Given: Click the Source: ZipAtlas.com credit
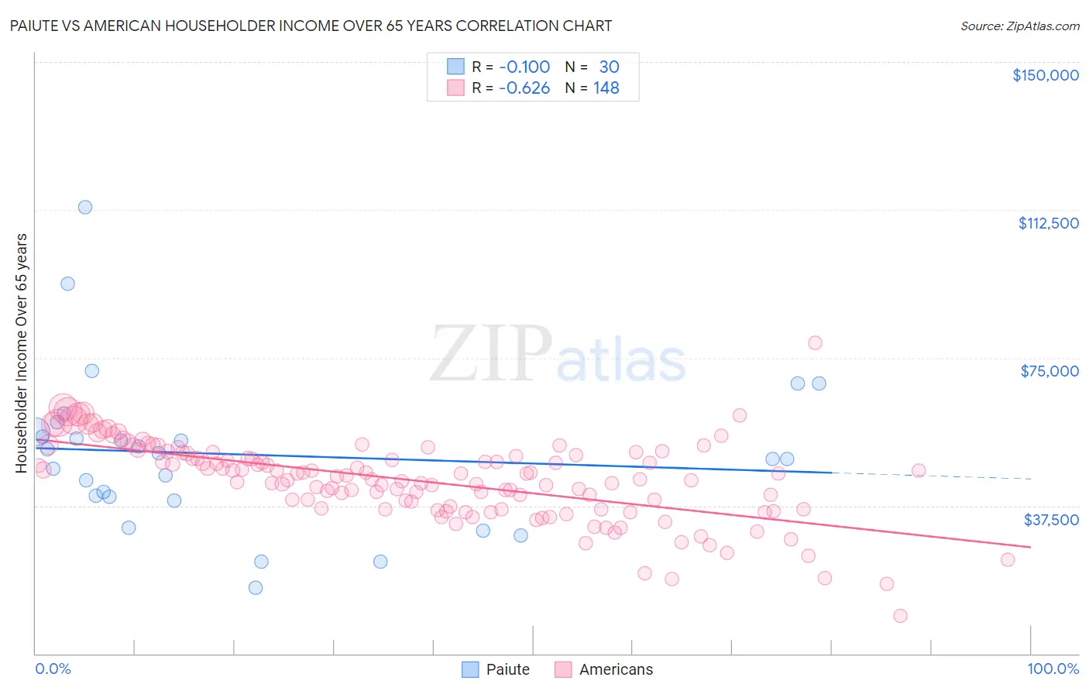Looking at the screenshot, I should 1019,26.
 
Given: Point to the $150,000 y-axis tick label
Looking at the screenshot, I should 1045,75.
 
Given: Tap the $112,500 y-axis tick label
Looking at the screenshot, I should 1047,223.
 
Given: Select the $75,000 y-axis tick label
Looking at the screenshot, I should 1049,371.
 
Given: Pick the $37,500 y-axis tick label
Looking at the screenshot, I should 1050,520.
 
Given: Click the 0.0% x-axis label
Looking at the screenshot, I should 53,669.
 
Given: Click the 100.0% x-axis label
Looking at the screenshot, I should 1053,669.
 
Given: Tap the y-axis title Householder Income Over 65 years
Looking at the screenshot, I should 21,353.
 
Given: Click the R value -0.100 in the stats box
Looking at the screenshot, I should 524,67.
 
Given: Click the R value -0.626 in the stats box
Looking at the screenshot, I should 524,88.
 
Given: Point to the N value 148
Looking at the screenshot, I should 606,88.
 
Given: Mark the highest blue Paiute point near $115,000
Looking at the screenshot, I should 85,207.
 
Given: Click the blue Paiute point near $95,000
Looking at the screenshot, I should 68,284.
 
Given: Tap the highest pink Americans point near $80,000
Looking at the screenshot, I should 815,342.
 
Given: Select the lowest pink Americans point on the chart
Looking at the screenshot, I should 900,616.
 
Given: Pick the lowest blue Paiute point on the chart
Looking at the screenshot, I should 256,587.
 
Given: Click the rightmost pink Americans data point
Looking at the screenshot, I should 1008,559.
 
